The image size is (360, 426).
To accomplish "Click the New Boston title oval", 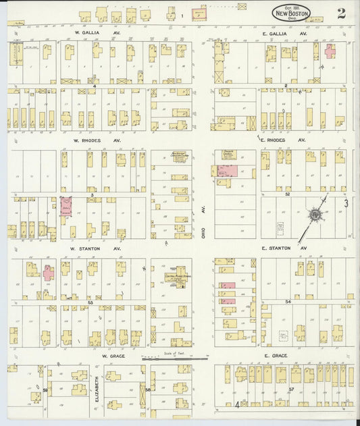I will [292, 11].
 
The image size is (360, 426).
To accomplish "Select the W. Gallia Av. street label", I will [88, 32].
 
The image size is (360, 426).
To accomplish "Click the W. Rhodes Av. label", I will [88, 140].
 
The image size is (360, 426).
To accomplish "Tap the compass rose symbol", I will [314, 215].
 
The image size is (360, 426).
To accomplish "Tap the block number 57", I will [291, 390].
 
